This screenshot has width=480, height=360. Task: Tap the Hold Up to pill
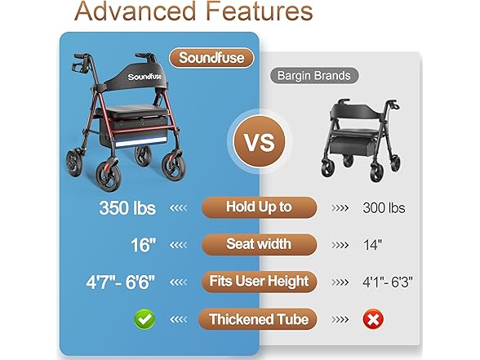click(x=259, y=207)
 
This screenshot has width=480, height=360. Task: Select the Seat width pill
click(x=259, y=243)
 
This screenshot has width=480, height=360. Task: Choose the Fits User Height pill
click(x=259, y=282)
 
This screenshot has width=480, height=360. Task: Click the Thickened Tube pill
click(x=259, y=318)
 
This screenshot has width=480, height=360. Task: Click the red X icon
click(x=373, y=318)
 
